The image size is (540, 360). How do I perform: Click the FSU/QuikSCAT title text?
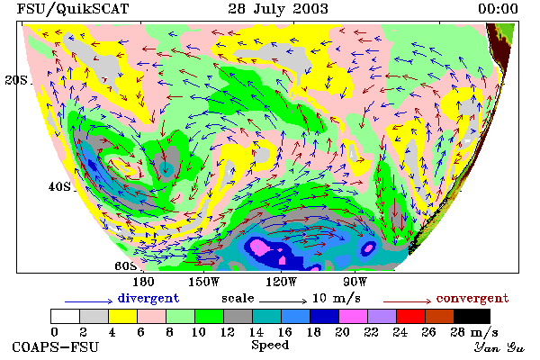(73, 9)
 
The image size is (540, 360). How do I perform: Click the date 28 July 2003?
(278, 9)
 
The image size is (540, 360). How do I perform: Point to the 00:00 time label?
(498, 9)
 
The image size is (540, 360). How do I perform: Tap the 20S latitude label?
(16, 80)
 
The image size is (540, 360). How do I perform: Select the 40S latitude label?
(59, 186)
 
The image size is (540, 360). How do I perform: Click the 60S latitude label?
(126, 266)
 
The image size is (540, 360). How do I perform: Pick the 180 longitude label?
(143, 282)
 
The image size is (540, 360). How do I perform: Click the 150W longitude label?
(203, 282)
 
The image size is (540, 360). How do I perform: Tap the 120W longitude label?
(281, 282)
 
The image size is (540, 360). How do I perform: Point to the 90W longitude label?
(355, 282)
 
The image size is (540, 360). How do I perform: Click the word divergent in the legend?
(148, 298)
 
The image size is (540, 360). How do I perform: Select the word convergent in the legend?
(472, 298)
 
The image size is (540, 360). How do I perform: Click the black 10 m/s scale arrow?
(283, 301)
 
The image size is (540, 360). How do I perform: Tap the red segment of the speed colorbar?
(410, 316)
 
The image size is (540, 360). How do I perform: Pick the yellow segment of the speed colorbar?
(122, 316)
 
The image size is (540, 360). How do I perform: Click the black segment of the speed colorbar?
(472, 316)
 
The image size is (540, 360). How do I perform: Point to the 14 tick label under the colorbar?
(256, 332)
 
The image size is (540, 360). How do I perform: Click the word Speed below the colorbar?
(270, 346)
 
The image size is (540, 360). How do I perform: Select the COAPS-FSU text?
(55, 346)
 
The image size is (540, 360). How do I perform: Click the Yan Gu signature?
(499, 347)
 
